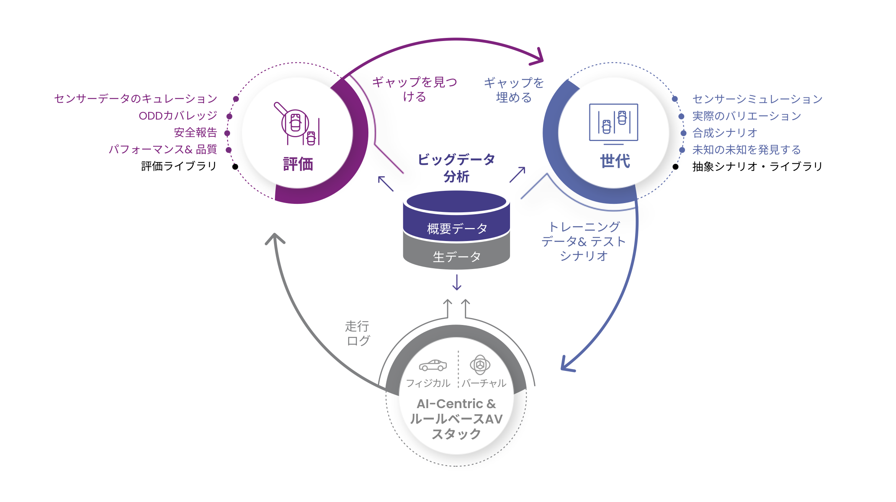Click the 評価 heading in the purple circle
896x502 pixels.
298,164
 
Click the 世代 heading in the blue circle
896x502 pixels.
615,161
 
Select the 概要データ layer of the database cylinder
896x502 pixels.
456,229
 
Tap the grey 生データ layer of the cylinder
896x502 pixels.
456,256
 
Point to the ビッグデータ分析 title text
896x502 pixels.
456,168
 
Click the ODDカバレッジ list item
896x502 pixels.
178,116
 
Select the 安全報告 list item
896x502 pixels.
196,133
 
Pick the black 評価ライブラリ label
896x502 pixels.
179,166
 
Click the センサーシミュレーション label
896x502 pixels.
757,99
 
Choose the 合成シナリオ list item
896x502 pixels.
725,133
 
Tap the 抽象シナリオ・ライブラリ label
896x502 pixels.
757,166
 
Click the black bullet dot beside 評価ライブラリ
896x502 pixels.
235,167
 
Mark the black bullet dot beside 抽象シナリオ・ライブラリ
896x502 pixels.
675,167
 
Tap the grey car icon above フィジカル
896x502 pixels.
433,366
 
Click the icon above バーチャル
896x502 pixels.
480,364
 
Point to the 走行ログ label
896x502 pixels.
358,333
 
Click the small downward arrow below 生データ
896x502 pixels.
457,282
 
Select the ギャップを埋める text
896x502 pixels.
514,90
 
